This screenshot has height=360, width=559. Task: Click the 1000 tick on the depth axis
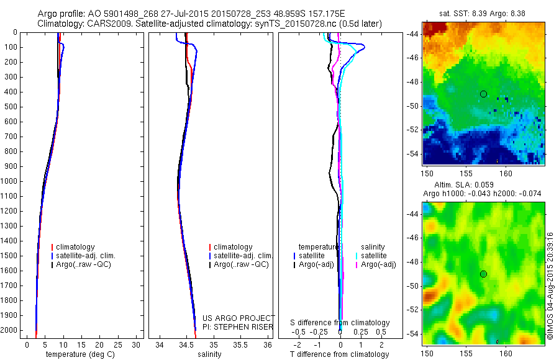coord(11,181)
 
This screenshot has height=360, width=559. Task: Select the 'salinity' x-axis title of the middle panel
coord(209,354)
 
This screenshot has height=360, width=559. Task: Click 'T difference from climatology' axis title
coord(339,354)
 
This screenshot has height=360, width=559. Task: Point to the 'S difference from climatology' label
coord(340,323)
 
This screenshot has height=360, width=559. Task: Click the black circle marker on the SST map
coord(483,94)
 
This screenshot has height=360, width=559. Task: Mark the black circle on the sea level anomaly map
coord(483,274)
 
